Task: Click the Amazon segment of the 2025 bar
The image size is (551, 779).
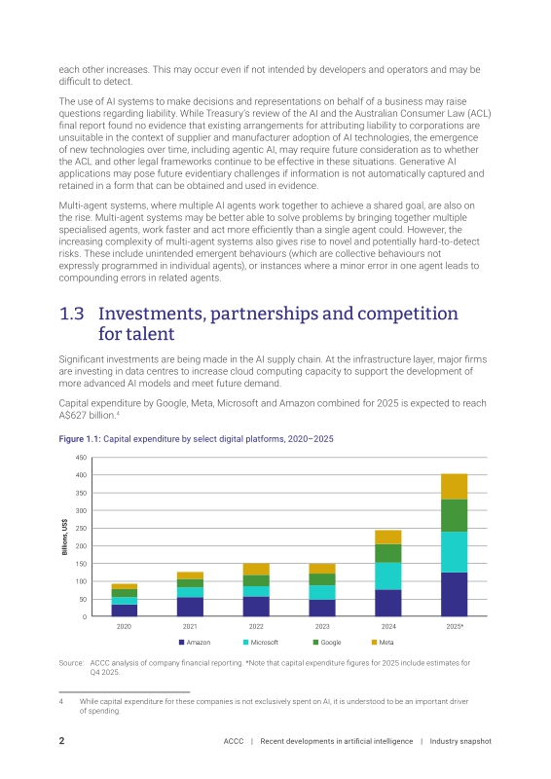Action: pos(454,594)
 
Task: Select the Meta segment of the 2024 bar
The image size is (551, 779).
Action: pos(388,538)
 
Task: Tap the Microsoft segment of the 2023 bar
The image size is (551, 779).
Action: pos(322,592)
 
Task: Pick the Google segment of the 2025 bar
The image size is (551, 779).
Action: pos(454,515)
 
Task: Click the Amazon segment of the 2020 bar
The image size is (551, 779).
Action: pos(124,611)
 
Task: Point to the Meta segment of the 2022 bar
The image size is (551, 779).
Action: pos(256,570)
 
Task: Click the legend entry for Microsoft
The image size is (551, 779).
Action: pos(260,643)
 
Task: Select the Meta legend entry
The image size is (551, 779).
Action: pos(383,643)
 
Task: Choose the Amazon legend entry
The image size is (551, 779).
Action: pos(195,643)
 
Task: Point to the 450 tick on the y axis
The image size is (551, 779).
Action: pos(81,458)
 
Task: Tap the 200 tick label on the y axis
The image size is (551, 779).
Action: pos(81,546)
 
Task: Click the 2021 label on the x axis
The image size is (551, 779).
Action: pos(190,626)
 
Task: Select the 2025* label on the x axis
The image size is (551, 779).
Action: pos(455,626)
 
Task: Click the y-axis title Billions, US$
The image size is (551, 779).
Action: pos(64,538)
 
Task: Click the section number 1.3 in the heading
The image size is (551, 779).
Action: pos(71,314)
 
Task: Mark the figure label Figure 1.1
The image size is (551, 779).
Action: pos(80,439)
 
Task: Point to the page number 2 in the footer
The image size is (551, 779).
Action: pos(61,741)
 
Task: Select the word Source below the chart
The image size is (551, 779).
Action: pos(71,663)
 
